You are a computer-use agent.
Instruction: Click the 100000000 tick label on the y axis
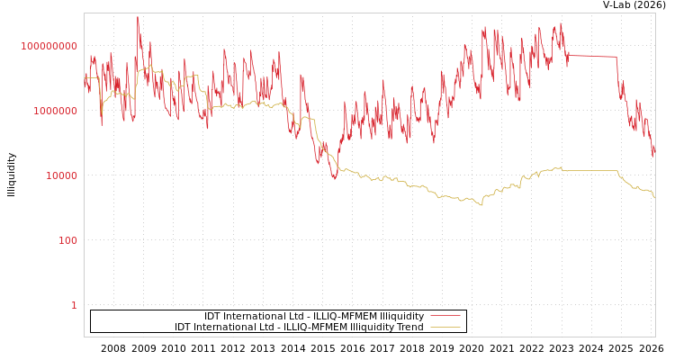point(49,46)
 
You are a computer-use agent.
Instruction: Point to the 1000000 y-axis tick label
point(55,111)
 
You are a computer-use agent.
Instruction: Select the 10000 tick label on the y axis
point(61,175)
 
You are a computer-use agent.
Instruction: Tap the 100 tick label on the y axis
point(67,240)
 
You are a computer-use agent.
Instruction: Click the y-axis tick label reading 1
point(74,305)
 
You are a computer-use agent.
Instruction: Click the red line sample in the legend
point(445,316)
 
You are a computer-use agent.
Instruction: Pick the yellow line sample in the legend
point(445,328)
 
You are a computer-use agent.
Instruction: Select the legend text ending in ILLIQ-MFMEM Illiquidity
point(314,316)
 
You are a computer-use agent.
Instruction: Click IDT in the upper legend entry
point(213,316)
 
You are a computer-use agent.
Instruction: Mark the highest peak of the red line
point(138,17)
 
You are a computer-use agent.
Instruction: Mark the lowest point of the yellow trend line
point(481,205)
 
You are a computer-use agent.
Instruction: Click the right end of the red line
point(654,155)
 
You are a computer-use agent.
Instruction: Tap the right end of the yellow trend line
point(654,196)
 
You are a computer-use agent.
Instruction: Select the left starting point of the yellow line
point(85,78)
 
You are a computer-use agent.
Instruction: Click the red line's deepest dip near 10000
point(334,177)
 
